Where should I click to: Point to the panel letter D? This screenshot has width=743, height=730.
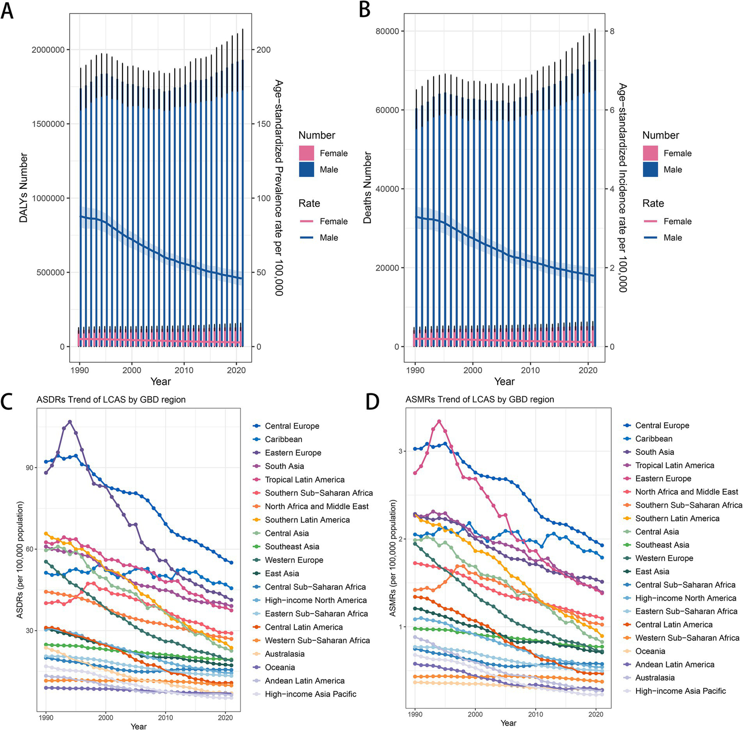coord(372,402)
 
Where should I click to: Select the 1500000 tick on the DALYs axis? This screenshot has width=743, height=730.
coord(47,124)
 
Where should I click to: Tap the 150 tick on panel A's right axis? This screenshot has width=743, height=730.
coord(264,124)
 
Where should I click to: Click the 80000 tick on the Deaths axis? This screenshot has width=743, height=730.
coord(387,31)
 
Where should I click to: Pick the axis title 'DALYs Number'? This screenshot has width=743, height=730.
coord(23,188)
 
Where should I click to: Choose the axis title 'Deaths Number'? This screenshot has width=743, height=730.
coord(367,188)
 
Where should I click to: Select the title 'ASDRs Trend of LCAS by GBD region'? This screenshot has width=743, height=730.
coord(111,400)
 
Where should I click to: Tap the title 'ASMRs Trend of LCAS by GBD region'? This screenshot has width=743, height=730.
coord(480,399)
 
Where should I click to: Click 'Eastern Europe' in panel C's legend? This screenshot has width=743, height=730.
coord(293,453)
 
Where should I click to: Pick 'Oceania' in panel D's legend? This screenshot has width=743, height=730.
coord(650,652)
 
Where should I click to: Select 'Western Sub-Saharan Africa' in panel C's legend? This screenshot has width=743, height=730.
coord(317,640)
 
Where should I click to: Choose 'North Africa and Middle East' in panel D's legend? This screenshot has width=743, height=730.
coord(686,492)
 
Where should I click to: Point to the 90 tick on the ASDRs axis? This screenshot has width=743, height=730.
coord(30,468)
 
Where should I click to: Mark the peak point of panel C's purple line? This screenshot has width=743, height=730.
coord(70,422)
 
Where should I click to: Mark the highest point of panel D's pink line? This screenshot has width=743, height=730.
coord(439,421)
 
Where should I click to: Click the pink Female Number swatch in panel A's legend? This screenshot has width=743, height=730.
coord(307,153)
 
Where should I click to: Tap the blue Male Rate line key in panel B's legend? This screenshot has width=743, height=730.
coord(651,238)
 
